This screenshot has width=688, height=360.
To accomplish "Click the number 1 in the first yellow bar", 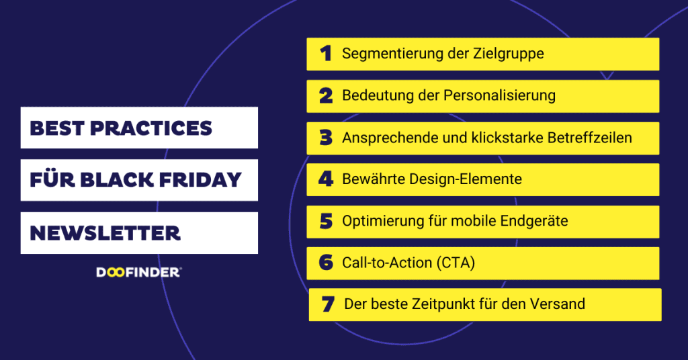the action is tap(326, 54).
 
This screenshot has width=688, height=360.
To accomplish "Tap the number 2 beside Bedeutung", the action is tap(326, 95).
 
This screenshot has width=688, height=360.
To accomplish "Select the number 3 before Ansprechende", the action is tap(326, 138).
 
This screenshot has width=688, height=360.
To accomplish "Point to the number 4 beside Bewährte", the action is tap(326, 179).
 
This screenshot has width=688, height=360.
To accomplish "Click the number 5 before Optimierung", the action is tap(326, 221).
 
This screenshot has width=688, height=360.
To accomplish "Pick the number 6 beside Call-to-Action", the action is tap(326, 262).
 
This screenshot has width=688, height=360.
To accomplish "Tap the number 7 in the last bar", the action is tap(328, 304).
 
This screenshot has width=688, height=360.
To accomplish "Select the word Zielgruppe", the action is tap(508, 54).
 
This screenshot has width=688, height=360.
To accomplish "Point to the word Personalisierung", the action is tap(499, 95).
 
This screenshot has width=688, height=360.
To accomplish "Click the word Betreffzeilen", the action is tap(590, 138).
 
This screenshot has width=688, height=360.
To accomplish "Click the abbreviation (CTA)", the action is tap(456, 263).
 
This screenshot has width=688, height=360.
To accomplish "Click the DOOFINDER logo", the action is tap(138, 272).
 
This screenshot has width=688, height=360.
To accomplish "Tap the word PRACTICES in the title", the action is tap(151, 128).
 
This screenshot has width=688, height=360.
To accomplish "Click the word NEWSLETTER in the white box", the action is tap(105, 233).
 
